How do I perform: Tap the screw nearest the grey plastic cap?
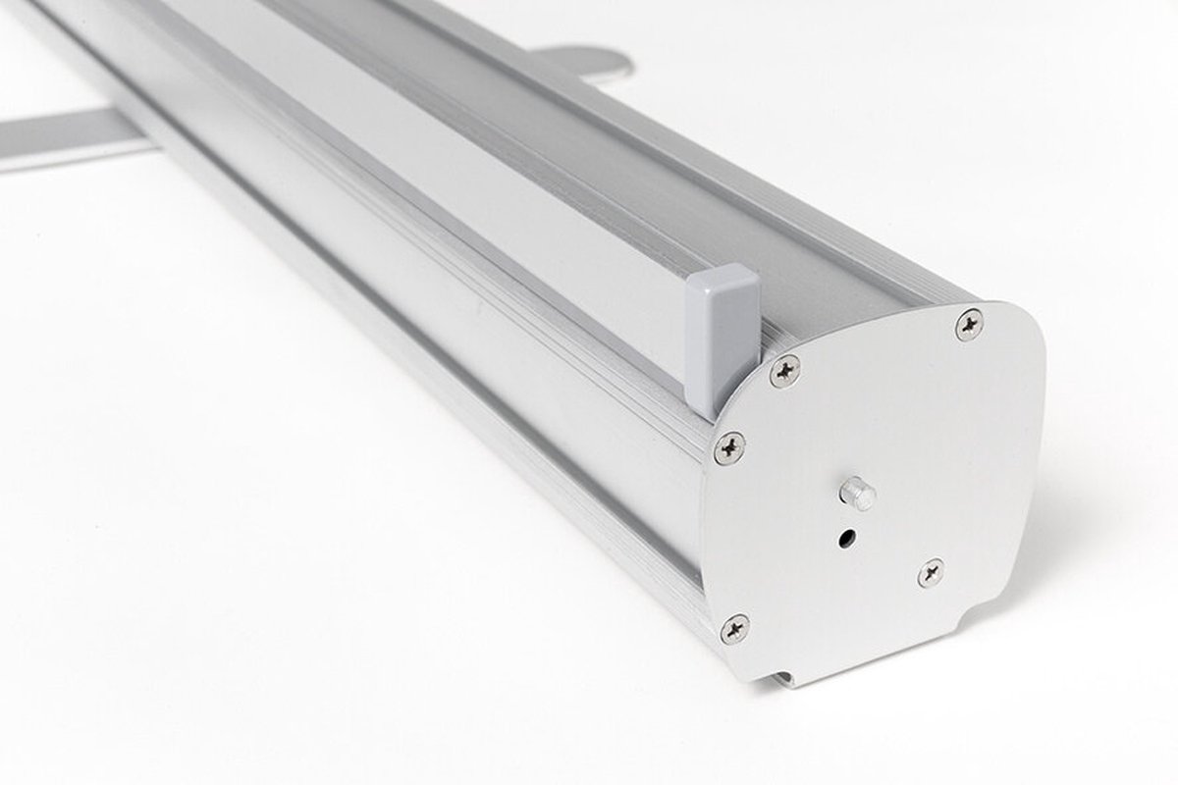[784, 370]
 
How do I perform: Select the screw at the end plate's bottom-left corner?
[734, 628]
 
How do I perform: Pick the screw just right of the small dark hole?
[931, 572]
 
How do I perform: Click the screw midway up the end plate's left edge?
[729, 447]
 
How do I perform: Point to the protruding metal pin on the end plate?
[860, 493]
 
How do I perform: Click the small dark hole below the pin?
[845, 538]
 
